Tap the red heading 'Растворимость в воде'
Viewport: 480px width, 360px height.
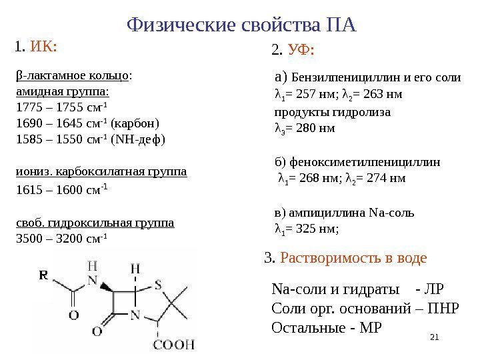(x=353, y=258)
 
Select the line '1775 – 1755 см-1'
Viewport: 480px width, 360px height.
(x=61, y=108)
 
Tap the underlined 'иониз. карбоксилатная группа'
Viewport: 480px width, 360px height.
(x=101, y=172)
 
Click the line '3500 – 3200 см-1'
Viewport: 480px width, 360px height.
(x=61, y=237)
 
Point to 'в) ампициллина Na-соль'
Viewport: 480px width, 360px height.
(x=344, y=213)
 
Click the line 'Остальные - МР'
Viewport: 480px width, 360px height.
(x=329, y=328)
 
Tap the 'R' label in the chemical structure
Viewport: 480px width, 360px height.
(x=43, y=274)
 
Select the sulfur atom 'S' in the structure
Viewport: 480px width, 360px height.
(x=158, y=285)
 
